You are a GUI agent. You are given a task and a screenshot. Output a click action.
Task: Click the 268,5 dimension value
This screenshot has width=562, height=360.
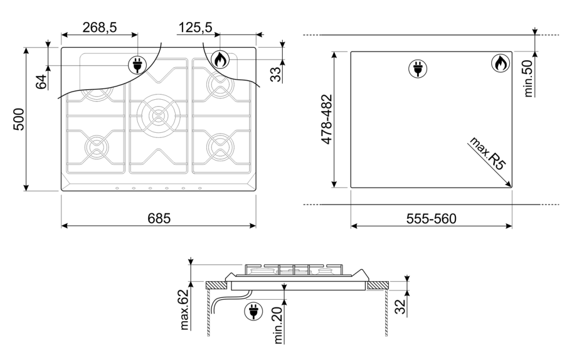pos(100,28)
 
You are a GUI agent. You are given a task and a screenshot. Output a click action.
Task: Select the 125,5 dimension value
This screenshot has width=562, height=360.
pos(195,28)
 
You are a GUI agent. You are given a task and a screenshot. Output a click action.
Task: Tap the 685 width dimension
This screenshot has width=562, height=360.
pos(159,219)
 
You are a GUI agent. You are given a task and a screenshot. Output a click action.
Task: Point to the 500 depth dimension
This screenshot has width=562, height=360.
pos(19,119)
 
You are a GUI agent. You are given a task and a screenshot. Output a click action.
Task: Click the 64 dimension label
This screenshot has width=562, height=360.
pos(42,82)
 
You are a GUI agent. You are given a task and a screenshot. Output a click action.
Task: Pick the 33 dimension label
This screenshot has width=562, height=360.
pos(276,74)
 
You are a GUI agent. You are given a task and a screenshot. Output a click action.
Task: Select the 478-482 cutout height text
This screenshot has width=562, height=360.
pos(327,119)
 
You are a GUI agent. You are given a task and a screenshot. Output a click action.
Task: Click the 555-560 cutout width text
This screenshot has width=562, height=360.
pos(431,219)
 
